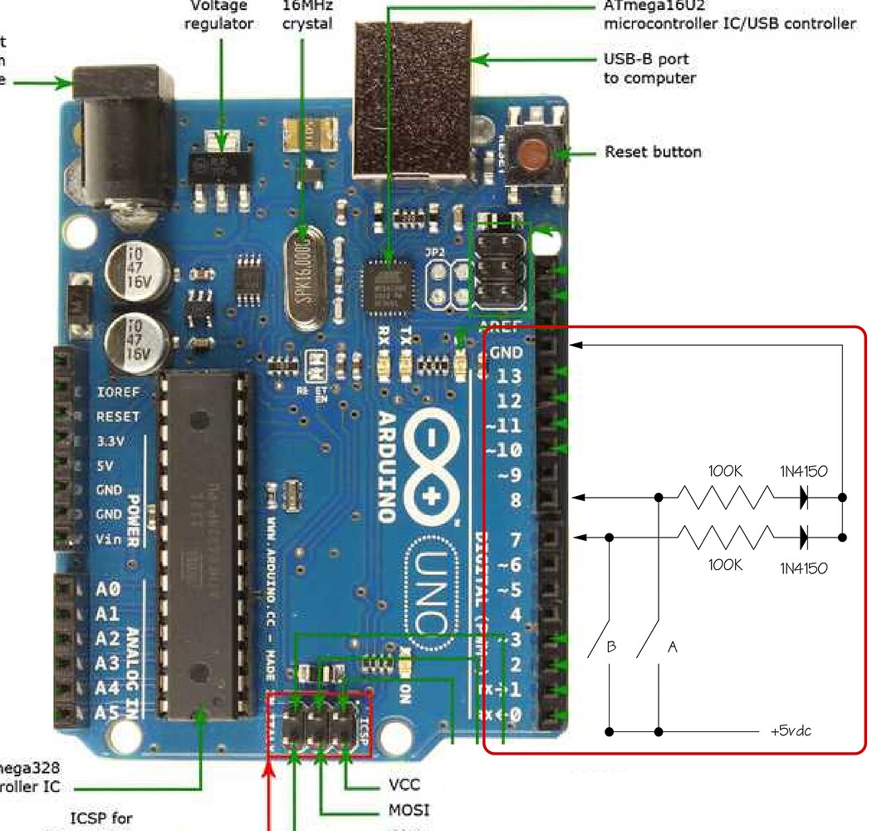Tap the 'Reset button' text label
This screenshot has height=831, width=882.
[653, 152]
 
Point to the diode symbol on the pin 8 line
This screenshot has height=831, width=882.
[804, 498]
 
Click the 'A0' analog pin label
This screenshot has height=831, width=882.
[108, 590]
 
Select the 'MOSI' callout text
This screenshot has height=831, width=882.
[409, 809]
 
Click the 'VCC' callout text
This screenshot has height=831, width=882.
[404, 784]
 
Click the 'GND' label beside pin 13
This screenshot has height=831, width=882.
[505, 352]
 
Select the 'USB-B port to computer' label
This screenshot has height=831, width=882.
[649, 69]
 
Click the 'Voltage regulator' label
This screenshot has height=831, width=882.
[218, 15]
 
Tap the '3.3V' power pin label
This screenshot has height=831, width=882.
[112, 440]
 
